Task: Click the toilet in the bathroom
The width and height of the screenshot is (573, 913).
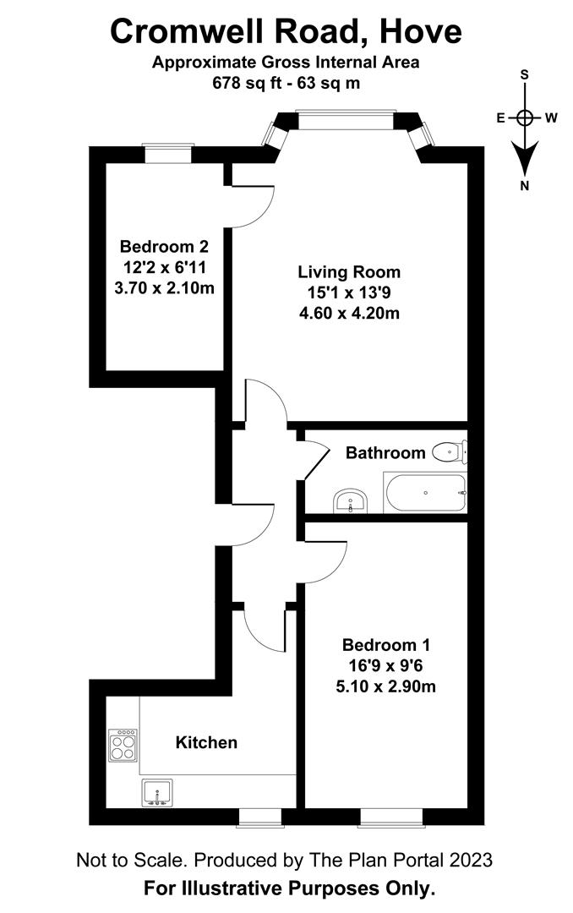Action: click(449, 452)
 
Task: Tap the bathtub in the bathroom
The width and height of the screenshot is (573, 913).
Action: click(425, 493)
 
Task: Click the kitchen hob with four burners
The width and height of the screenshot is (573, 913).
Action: click(123, 745)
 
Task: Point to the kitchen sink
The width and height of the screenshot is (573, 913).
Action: click(157, 793)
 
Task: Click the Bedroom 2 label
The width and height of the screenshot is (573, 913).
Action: click(164, 247)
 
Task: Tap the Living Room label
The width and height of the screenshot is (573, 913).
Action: click(348, 272)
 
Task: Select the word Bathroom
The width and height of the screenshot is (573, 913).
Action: click(385, 453)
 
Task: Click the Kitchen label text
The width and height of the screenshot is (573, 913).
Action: click(206, 743)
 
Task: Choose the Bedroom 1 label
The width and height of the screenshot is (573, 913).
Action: click(385, 645)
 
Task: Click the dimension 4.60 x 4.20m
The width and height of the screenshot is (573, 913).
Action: click(348, 314)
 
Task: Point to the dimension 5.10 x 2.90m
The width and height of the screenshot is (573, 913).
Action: click(385, 686)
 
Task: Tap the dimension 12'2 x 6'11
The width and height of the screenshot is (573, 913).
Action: click(164, 267)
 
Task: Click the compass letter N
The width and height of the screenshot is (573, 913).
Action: click(525, 186)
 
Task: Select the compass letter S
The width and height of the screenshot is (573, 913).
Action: click(525, 75)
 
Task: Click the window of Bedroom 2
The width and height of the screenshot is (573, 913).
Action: click(166, 153)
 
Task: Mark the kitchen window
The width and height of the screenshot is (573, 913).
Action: click(260, 817)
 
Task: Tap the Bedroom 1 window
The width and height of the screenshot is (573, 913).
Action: click(390, 817)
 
